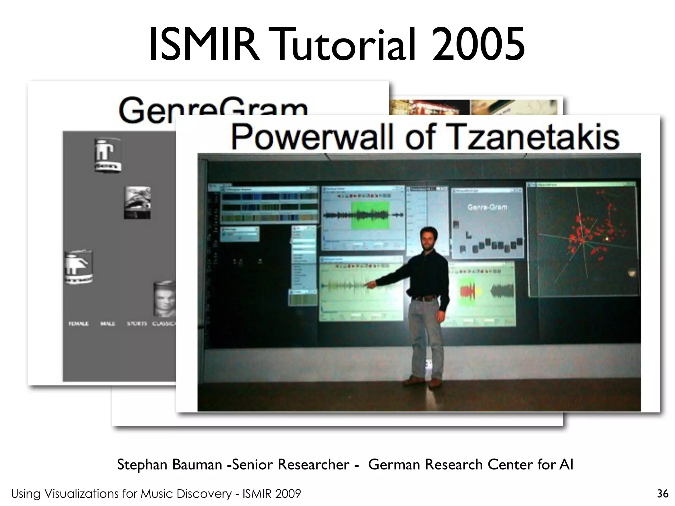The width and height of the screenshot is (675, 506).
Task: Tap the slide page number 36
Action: click(662, 493)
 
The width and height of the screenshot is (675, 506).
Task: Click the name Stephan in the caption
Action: click(142, 465)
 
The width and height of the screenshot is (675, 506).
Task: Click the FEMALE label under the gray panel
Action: click(78, 324)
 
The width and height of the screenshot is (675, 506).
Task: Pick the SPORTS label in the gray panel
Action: click(137, 324)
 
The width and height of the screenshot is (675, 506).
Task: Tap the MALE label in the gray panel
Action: click(107, 324)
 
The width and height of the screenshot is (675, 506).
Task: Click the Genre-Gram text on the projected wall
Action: click(487, 207)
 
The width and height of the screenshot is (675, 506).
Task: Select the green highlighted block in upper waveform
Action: click(370, 215)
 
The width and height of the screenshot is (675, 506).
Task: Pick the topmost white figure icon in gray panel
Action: click(107, 155)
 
